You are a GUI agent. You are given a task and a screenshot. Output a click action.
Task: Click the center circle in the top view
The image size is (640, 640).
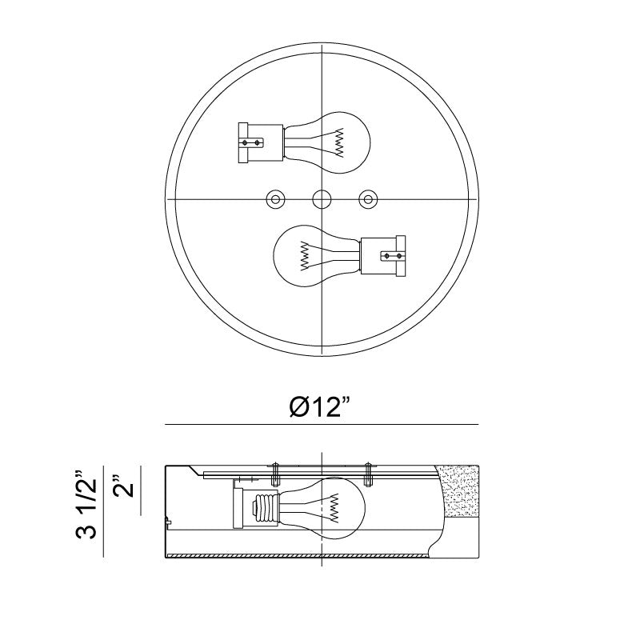point(322,199)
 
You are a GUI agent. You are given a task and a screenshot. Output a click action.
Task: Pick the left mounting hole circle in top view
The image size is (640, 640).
point(275,199)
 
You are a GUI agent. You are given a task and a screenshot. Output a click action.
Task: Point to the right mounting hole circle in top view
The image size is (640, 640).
point(368,199)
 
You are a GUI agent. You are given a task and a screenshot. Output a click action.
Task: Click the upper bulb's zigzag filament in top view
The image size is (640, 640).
point(339,142)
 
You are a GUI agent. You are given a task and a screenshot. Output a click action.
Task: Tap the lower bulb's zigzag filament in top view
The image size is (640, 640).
point(305,255)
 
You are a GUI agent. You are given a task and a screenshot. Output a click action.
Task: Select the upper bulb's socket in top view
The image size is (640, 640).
point(261,143)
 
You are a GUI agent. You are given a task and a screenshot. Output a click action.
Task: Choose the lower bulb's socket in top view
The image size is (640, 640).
point(382,256)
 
